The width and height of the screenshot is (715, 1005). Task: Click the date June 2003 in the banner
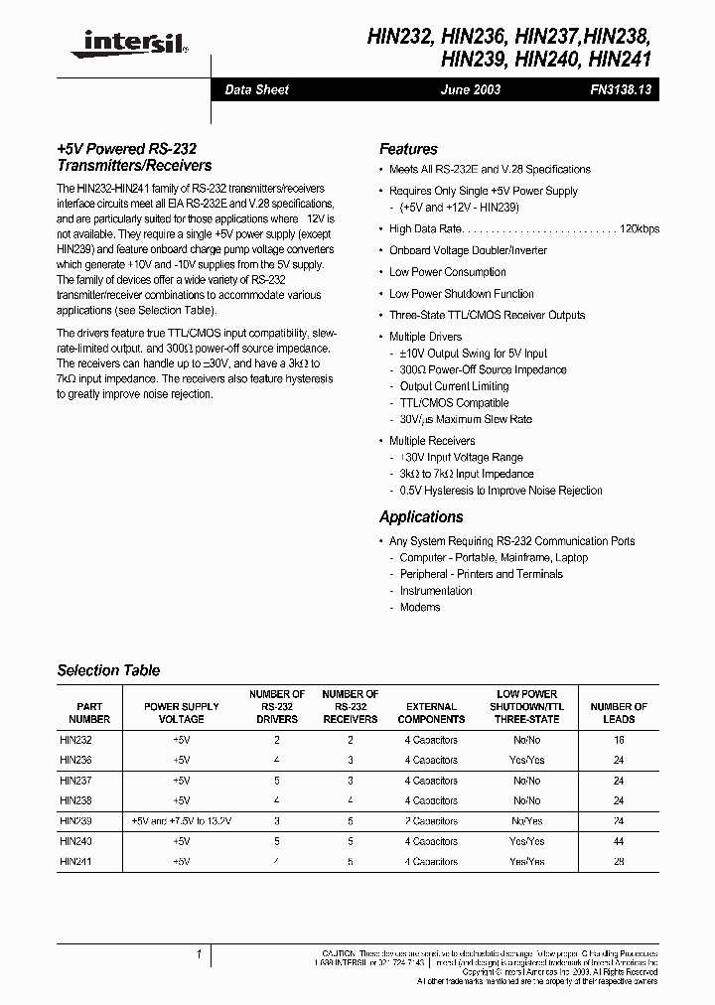[x=471, y=89]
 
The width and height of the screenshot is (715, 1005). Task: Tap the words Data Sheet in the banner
[x=256, y=89]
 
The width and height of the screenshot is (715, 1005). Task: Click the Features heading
[x=408, y=149]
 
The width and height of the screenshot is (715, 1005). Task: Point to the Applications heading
[x=421, y=516]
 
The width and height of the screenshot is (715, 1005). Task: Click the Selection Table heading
[x=108, y=670]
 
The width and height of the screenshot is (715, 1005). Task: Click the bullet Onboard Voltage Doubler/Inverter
[x=468, y=250]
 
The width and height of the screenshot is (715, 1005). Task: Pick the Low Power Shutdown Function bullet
[x=461, y=293]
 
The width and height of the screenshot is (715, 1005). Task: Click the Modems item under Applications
[x=420, y=607]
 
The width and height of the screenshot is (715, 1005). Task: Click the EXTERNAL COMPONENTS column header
[x=431, y=712]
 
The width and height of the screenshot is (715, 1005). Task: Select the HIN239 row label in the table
[x=75, y=821]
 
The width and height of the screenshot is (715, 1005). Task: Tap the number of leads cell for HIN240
[x=619, y=841]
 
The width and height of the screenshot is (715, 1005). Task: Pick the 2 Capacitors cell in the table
[x=431, y=821]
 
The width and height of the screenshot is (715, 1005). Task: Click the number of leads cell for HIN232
[x=619, y=740]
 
